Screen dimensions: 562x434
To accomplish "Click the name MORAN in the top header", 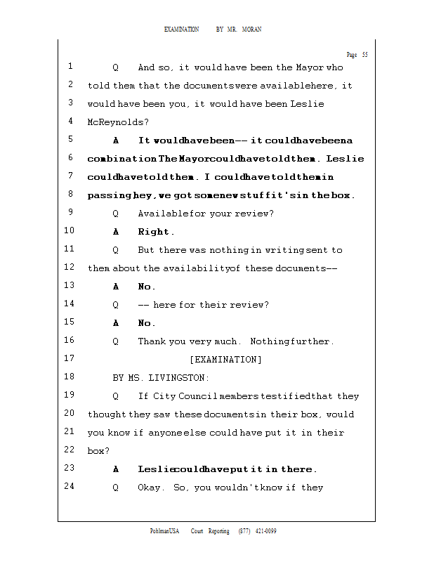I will click(251, 30).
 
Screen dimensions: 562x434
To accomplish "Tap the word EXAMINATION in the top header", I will click(181, 30).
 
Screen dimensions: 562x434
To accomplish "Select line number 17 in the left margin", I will click(69, 358).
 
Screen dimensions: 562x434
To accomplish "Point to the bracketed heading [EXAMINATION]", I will click(225, 360).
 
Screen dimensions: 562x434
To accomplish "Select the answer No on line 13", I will click(146, 287).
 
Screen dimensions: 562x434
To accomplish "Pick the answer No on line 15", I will click(146, 323).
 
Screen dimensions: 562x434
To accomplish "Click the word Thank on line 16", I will click(152, 341).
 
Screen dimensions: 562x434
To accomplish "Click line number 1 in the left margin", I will click(70, 67).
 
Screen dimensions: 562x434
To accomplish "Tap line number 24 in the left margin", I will click(69, 486).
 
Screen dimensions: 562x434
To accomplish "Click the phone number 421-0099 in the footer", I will click(265, 531).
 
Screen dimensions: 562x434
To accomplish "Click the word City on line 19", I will click(167, 396).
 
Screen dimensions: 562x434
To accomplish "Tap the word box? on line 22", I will click(98, 451).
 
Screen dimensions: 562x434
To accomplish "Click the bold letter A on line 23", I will click(116, 469).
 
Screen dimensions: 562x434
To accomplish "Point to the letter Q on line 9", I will click(116, 214).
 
